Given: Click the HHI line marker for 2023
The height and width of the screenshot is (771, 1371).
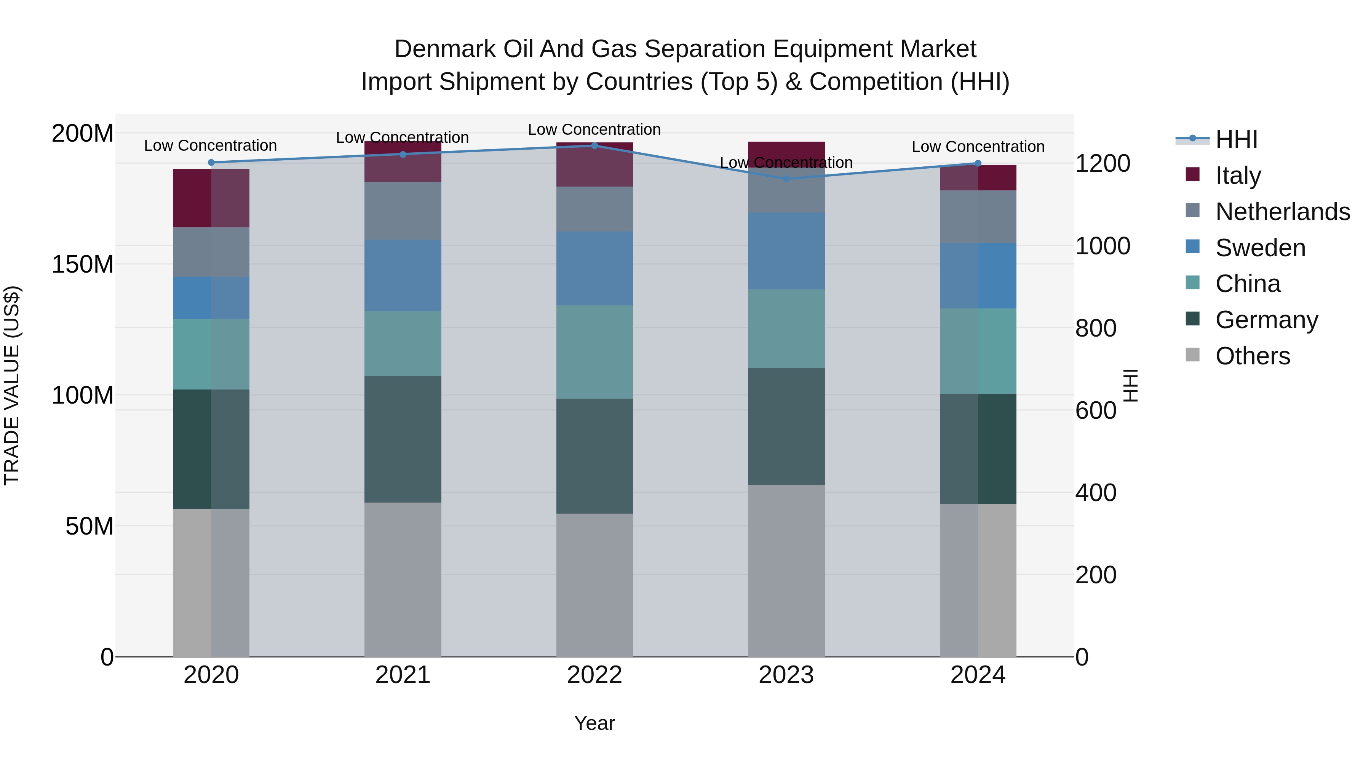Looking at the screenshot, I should pyautogui.click(x=786, y=179).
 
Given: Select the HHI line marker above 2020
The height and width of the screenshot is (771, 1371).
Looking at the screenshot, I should pyautogui.click(x=211, y=162).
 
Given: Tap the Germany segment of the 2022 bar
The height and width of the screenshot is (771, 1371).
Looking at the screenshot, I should pyautogui.click(x=594, y=456).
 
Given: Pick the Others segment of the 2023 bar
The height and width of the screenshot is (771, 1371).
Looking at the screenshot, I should pyautogui.click(x=786, y=570).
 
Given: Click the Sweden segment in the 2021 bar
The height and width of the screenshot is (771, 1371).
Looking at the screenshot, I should pyautogui.click(x=403, y=276).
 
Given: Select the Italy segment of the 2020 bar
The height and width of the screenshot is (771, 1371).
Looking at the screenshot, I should pyautogui.click(x=211, y=198).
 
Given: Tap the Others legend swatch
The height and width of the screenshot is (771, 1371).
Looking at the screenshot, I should pyautogui.click(x=1193, y=355).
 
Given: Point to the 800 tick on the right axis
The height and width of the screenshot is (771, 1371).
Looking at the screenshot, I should pyautogui.click(x=1095, y=328).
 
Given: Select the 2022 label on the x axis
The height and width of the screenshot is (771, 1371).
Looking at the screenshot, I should pyautogui.click(x=594, y=675).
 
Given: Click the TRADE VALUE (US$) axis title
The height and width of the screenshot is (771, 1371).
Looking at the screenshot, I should pyautogui.click(x=12, y=385).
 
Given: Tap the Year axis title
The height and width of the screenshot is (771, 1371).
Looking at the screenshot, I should pyautogui.click(x=594, y=723).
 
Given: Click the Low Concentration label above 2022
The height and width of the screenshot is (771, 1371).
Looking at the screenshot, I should pyautogui.click(x=594, y=129).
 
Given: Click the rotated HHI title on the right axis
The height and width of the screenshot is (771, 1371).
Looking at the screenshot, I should pyautogui.click(x=1130, y=385).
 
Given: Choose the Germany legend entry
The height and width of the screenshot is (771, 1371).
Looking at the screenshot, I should pyautogui.click(x=1266, y=320).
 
